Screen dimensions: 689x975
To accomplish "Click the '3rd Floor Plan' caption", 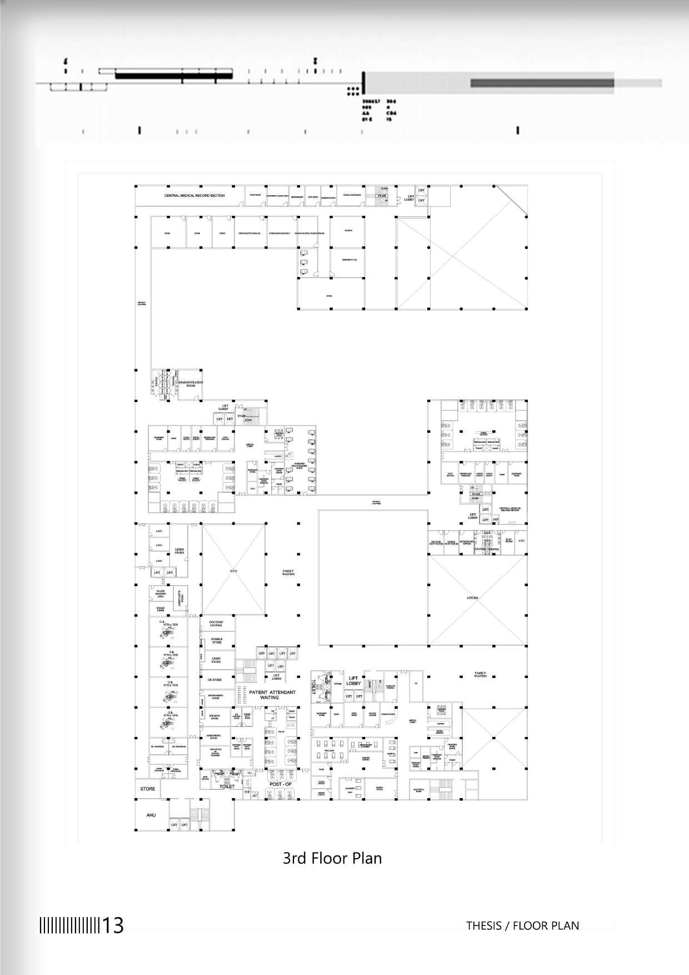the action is (332, 858).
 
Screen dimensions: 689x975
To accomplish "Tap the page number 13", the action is (113, 925).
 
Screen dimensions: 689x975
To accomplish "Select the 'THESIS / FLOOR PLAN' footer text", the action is (522, 925).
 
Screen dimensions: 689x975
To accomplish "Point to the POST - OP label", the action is (280, 784).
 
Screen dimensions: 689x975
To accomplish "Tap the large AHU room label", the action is (151, 815).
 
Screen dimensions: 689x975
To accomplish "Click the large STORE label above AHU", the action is (148, 789).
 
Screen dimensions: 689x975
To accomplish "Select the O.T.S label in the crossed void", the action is (233, 570).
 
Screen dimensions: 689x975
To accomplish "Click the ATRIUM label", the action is (472, 598).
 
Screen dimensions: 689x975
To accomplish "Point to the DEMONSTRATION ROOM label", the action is (191, 384).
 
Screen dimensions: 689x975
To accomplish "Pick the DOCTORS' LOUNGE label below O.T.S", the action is (216, 623).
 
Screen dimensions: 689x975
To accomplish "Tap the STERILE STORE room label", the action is (216, 641).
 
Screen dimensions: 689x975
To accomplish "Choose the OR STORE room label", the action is (214, 680).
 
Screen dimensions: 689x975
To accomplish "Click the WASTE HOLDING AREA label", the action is (160, 594).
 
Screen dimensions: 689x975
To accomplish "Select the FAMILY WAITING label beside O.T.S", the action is (289, 572).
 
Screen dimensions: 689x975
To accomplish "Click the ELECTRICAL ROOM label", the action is (418, 790).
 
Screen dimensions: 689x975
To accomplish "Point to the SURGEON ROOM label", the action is (214, 717).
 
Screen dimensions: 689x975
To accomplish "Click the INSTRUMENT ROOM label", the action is (216, 696).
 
